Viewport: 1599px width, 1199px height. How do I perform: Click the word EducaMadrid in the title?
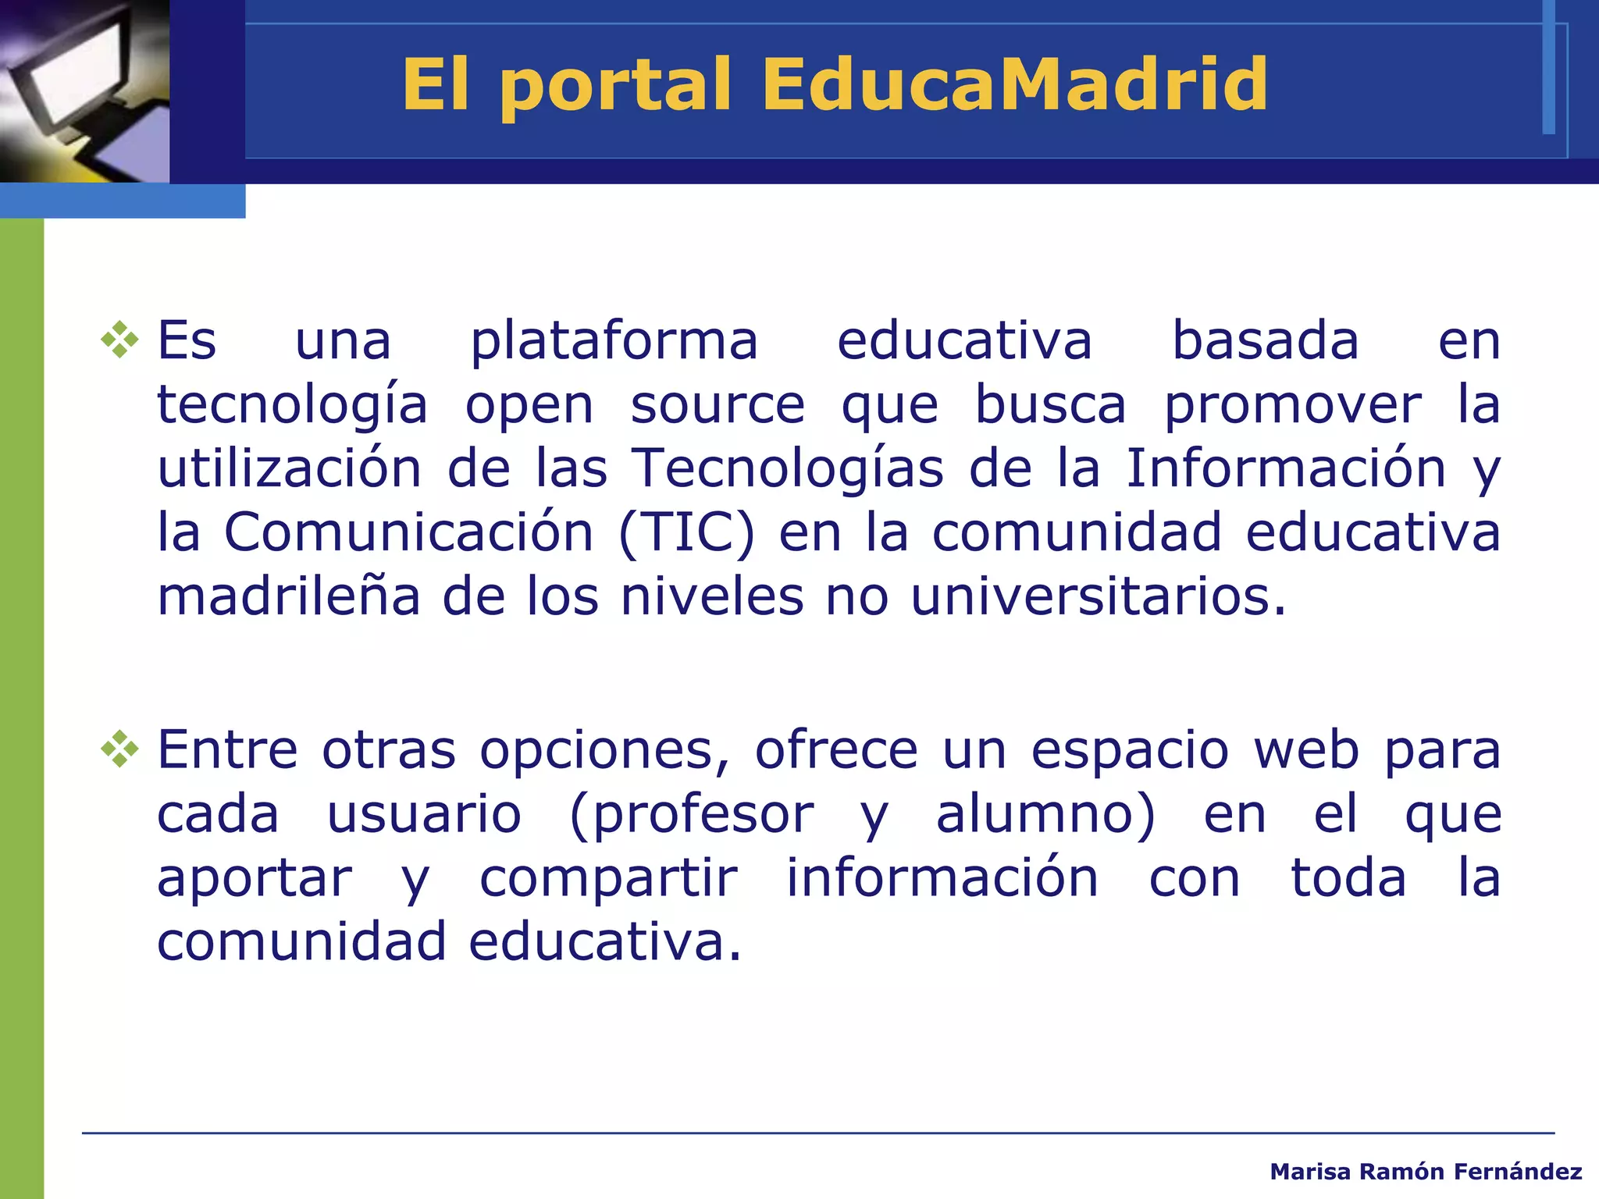pos(1014,84)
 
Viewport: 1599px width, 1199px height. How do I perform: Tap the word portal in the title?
pos(616,86)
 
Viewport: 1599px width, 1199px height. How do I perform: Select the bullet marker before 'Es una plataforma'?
pos(119,340)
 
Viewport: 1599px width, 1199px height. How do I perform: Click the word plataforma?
pos(614,342)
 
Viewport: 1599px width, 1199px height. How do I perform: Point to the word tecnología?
pos(292,406)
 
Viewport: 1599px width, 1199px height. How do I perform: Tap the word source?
pos(717,406)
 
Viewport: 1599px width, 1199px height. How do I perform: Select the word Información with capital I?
pos(1285,468)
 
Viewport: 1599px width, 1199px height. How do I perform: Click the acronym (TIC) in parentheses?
pos(686,533)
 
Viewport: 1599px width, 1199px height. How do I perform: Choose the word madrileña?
pos(289,597)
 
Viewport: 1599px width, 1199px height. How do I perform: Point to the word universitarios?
pos(1097,597)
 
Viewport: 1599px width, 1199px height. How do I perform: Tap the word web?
pos(1306,749)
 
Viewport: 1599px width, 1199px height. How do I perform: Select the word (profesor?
pos(692,815)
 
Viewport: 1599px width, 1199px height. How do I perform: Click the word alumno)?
pos(1045,815)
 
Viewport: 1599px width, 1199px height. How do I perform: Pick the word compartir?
pos(608,879)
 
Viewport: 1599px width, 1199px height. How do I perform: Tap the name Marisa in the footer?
pos(1309,1172)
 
